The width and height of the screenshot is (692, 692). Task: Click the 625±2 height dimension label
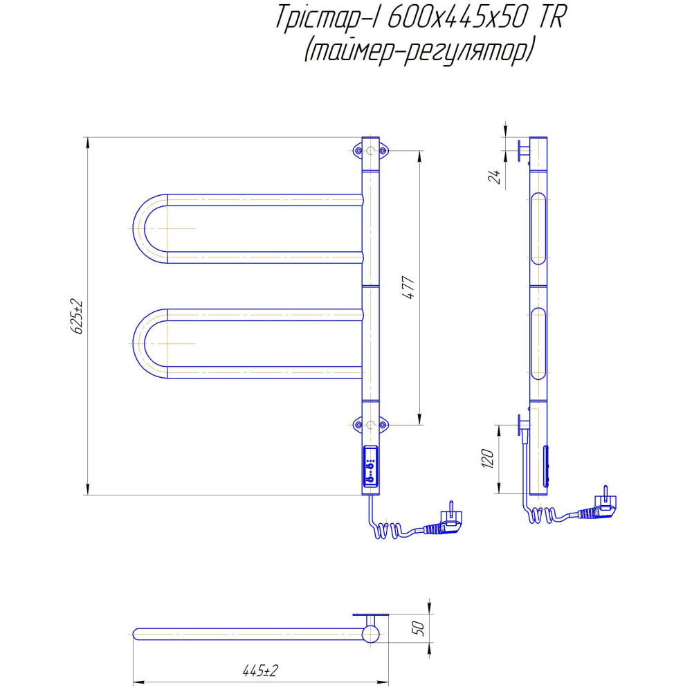pos(78,317)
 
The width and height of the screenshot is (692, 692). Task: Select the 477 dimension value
pos(408,287)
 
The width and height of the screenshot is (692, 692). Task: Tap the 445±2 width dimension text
pos(260,671)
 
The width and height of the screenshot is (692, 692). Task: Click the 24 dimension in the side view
pos(494,176)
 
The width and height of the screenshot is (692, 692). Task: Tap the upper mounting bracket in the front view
pos(371,150)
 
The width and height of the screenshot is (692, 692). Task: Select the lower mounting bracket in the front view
pos(371,424)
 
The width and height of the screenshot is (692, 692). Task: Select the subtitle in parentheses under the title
pos(419,51)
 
